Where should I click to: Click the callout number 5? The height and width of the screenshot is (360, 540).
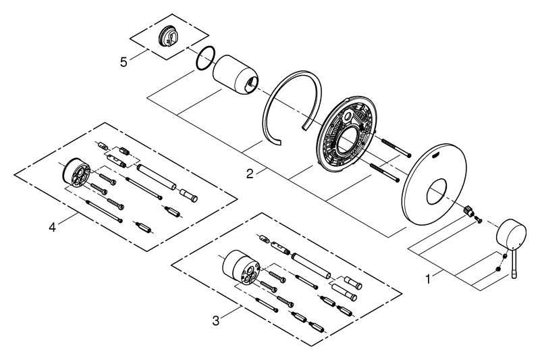(x=124, y=62)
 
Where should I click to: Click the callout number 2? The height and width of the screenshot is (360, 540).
(x=250, y=174)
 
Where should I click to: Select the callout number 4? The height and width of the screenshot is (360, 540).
(x=52, y=227)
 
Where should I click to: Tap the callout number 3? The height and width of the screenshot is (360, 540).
(x=215, y=321)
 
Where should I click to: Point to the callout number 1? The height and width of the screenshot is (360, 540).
(x=428, y=279)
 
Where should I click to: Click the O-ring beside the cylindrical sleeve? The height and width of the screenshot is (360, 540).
(x=196, y=59)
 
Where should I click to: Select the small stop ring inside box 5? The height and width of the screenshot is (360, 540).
(x=167, y=37)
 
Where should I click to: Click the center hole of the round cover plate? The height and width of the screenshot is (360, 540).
(x=437, y=191)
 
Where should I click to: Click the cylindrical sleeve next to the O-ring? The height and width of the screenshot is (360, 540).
(x=236, y=74)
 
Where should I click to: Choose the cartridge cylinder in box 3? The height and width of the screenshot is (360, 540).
(x=241, y=267)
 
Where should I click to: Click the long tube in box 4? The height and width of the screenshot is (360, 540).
(x=157, y=177)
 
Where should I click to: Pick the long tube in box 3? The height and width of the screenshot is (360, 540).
(x=311, y=266)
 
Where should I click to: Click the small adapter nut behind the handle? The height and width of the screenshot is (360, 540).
(x=468, y=210)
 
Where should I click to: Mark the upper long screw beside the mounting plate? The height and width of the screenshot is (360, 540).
(x=395, y=148)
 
